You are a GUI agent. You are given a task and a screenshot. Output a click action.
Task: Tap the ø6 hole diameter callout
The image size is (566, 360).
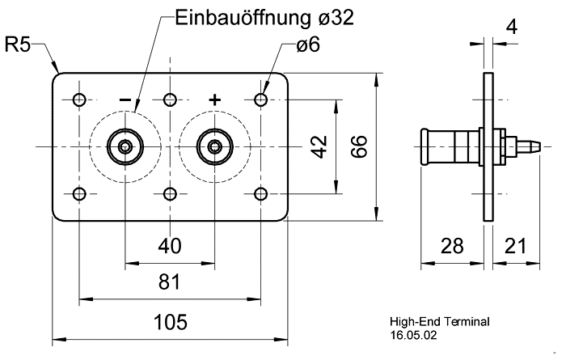click(308, 45)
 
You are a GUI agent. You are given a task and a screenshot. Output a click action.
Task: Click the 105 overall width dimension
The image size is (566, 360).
click(170, 323)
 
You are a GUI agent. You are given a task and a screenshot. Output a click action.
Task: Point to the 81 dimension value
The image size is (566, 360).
click(170, 282)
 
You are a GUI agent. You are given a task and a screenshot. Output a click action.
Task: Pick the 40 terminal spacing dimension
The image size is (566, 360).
click(170, 245)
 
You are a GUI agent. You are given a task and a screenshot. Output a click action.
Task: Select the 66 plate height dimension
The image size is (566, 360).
click(360, 147)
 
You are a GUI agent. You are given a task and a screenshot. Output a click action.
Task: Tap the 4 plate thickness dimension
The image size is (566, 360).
click(510, 28)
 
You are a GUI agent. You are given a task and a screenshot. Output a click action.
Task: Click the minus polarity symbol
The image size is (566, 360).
click(125, 100)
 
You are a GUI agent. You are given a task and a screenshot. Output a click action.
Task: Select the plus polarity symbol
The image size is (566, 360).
click(214, 100)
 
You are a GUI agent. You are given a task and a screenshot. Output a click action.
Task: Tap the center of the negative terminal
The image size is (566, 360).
click(125, 147)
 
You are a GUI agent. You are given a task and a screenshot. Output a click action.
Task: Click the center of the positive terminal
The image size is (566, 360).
click(214, 147)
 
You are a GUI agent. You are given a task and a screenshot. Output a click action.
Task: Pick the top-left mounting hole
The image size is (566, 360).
click(79, 100)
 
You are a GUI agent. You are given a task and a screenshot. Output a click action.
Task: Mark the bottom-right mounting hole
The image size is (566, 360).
click(260, 194)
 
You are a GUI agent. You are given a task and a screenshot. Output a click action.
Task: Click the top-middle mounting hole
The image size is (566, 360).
click(170, 100)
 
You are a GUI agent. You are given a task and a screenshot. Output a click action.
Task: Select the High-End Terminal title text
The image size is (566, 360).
click(439, 321)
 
